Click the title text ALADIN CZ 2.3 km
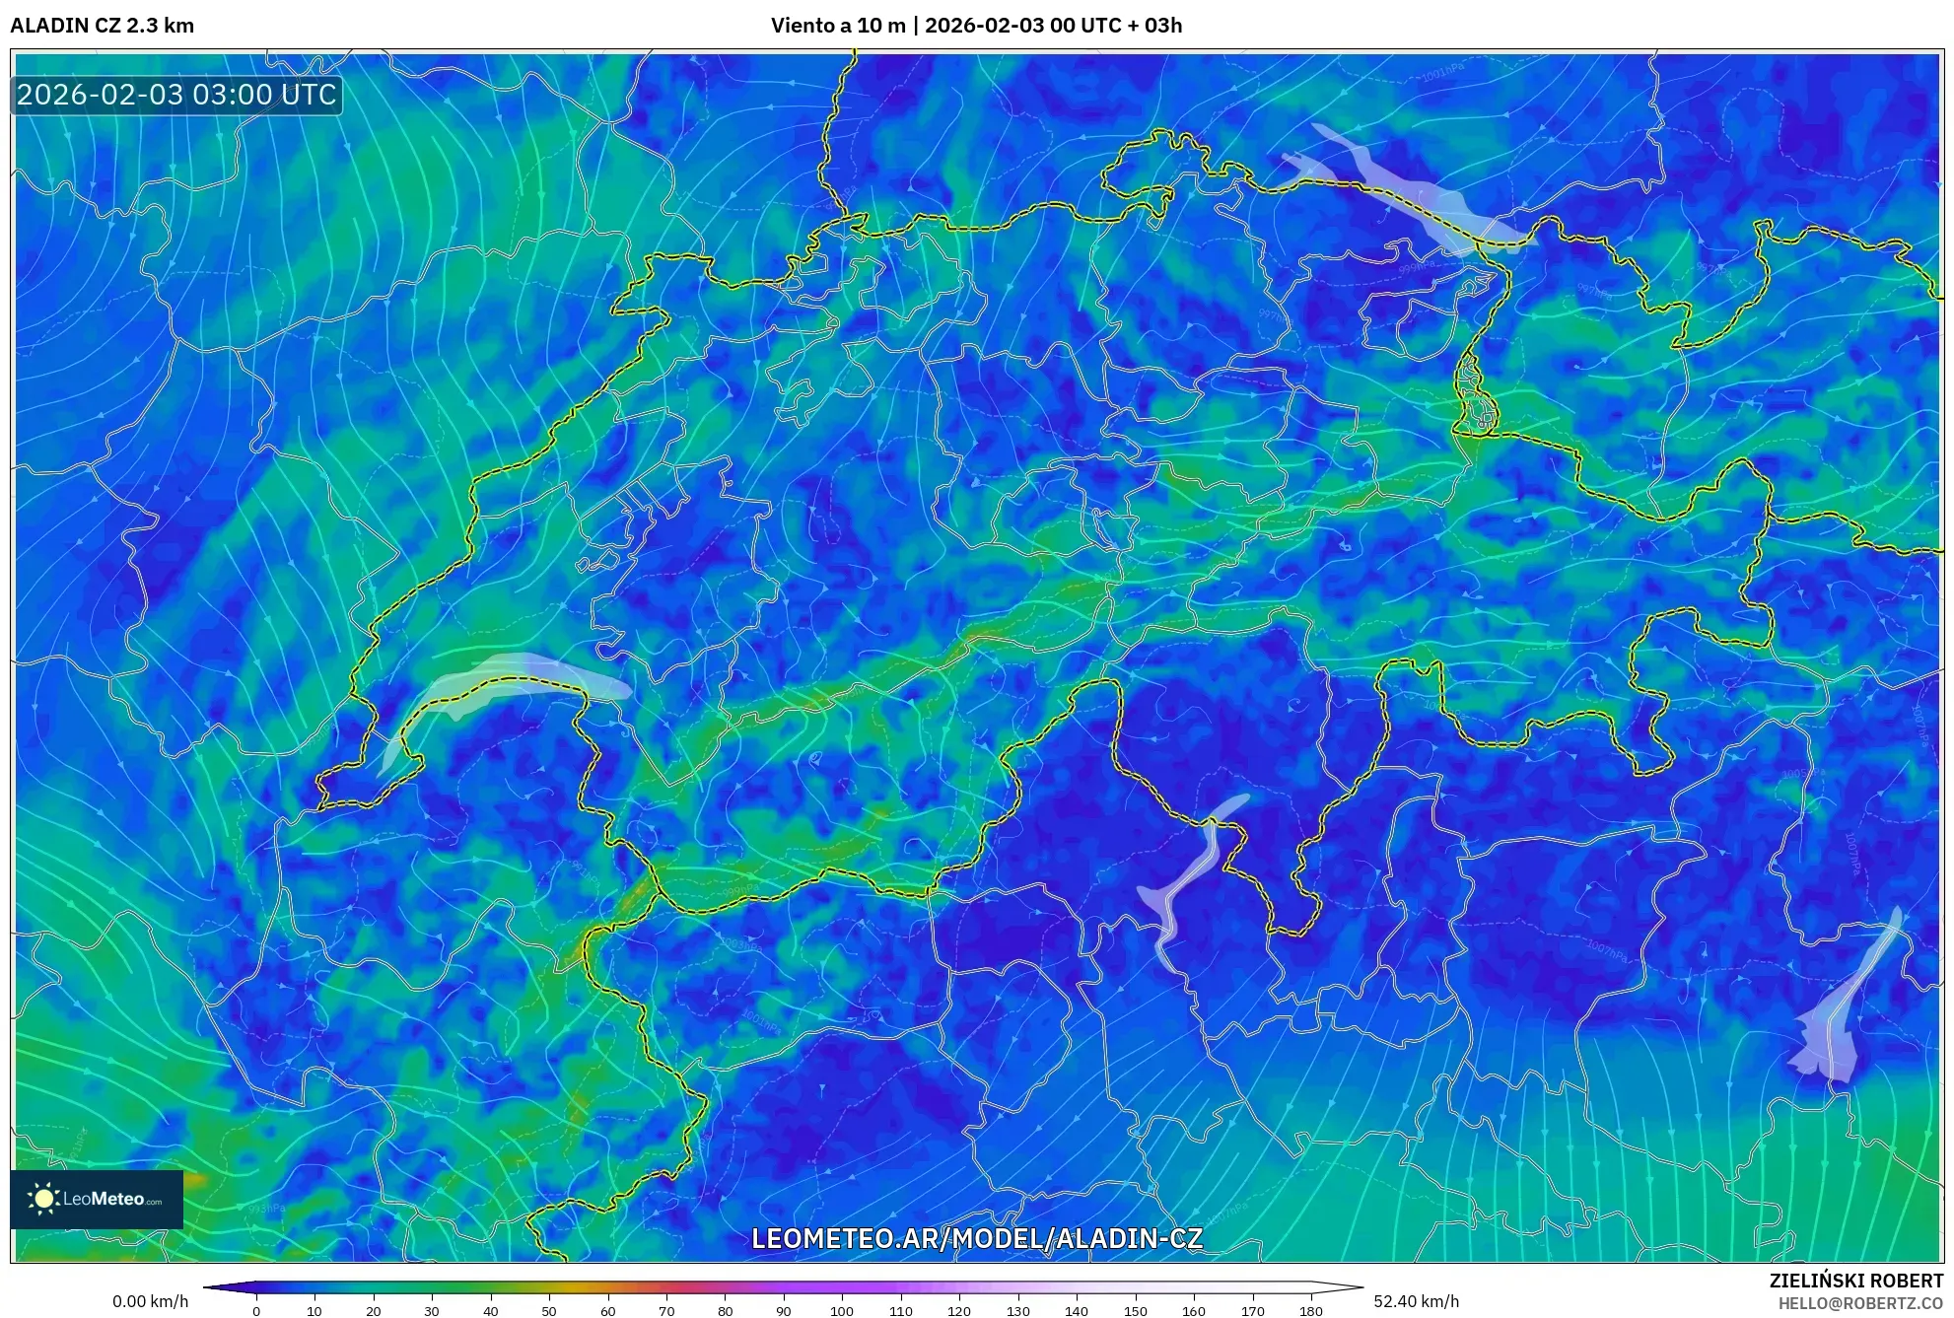(x=102, y=26)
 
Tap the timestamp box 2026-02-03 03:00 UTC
(x=176, y=96)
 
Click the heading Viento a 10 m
(x=837, y=26)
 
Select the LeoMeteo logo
(x=97, y=1199)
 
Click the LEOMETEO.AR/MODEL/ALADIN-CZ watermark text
(x=976, y=1239)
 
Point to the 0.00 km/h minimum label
(x=150, y=1301)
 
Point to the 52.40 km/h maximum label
(x=1416, y=1301)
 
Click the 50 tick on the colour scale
(x=549, y=1311)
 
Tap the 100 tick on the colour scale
(x=841, y=1311)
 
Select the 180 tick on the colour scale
(x=1310, y=1311)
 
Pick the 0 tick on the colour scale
(x=256, y=1311)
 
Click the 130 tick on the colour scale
(x=1017, y=1311)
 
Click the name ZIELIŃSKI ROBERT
(x=1855, y=1281)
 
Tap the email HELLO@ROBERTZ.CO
(x=1859, y=1303)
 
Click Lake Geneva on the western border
(x=493, y=679)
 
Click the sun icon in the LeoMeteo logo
(x=43, y=1199)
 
